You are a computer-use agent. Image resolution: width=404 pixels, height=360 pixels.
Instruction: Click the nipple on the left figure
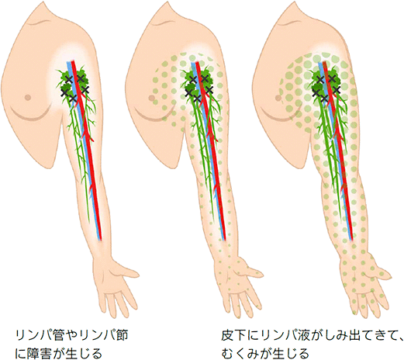[x=28, y=98]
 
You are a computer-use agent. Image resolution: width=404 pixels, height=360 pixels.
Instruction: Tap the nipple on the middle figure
[x=152, y=98]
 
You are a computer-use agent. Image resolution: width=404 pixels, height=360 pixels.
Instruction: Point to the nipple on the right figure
[x=278, y=98]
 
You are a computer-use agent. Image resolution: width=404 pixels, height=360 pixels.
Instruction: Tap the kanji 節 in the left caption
[x=122, y=336]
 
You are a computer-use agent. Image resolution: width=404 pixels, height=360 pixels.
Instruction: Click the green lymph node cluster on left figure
[x=73, y=83]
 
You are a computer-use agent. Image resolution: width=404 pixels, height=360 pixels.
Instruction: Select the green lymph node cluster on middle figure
[x=198, y=83]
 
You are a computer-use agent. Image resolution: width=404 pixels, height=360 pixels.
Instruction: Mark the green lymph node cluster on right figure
[x=324, y=83]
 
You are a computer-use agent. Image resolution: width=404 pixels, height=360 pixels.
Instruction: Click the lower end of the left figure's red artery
[x=101, y=240]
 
